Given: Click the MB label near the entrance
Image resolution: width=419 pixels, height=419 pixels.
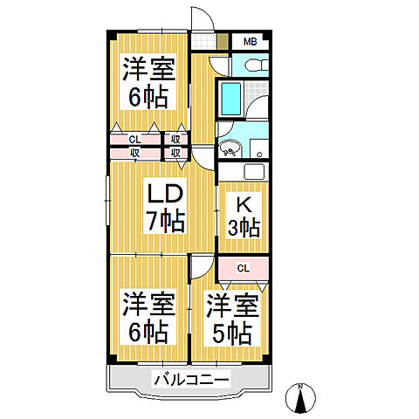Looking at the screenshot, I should pos(250,41).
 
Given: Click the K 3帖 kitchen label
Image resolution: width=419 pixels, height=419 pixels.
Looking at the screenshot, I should pos(244,216).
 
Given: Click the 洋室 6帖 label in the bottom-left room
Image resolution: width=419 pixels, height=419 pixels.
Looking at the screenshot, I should pos(146,316).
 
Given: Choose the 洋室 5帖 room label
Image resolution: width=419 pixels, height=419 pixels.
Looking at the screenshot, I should pos(230,318).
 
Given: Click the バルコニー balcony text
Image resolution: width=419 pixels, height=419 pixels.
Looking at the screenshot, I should pos(191,379).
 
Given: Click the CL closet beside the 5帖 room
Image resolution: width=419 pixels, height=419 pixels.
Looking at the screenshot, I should pos(244,268).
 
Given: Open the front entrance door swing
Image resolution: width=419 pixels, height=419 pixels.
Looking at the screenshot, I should pos(201,19).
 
